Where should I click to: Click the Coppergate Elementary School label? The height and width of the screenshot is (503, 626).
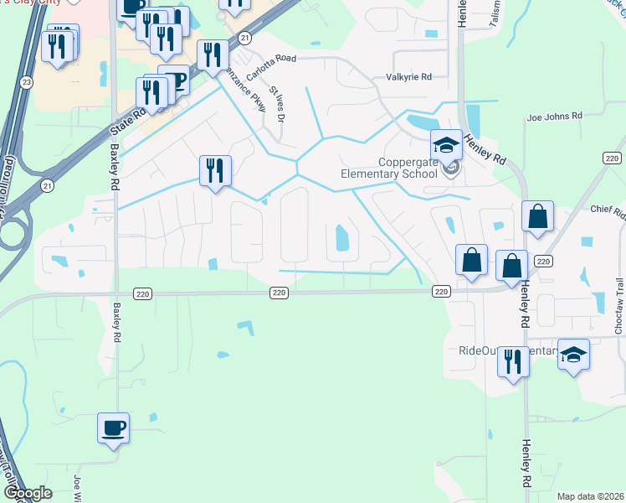click(x=388, y=168)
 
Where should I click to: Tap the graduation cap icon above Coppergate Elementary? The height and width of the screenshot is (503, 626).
click(x=447, y=146)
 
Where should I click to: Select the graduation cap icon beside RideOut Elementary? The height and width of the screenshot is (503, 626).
click(x=574, y=355)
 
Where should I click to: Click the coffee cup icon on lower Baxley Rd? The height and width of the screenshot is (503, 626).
click(x=114, y=428)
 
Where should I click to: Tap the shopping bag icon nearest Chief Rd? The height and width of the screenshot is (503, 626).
click(x=537, y=216)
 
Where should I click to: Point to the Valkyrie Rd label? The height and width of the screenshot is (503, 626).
click(x=408, y=77)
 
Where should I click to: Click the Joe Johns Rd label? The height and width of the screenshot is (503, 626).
click(x=553, y=118)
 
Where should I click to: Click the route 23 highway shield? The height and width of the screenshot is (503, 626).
click(x=27, y=82)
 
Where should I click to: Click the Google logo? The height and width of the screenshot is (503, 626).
click(x=28, y=493)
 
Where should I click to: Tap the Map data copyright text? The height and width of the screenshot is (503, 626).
click(x=590, y=496)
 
